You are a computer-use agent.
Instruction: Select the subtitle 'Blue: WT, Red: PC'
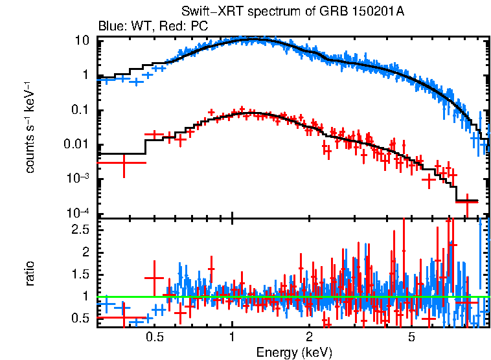pyautogui.click(x=153, y=27)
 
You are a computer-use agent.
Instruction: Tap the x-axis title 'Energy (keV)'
pyautogui.click(x=294, y=352)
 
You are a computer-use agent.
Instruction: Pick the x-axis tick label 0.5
pyautogui.click(x=154, y=337)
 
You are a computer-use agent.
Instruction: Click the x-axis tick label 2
pyautogui.click(x=310, y=337)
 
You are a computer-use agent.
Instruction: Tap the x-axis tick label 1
pyautogui.click(x=232, y=337)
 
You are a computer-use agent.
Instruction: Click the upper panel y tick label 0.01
pyautogui.click(x=77, y=145)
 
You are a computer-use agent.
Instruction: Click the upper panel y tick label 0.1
pyautogui.click(x=80, y=110)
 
